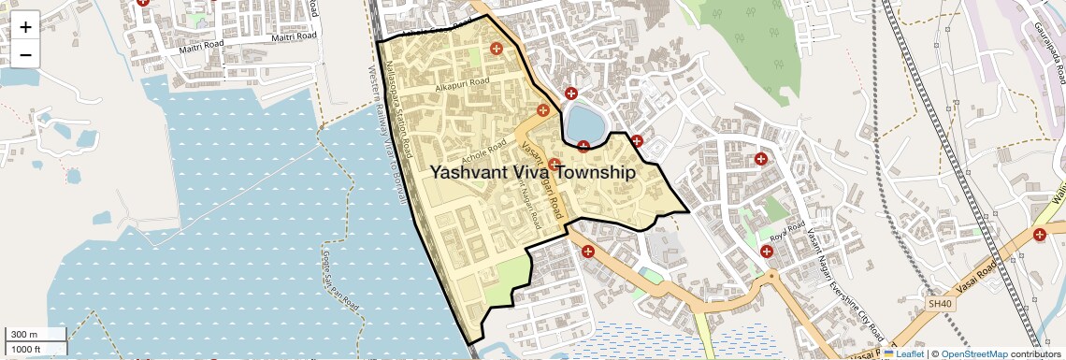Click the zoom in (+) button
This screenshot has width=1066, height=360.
tap(25, 26)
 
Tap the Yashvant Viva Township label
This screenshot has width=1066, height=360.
tap(532, 173)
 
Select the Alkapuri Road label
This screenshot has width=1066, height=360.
tap(462, 84)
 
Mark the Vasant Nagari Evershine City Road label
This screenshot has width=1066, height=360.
tap(846, 281)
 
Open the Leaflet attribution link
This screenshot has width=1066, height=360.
tap(903, 353)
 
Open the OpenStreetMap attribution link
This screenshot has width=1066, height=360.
tap(973, 353)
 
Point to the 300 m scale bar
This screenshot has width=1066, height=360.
tap(35, 335)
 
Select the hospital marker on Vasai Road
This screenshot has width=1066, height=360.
tap(1040, 234)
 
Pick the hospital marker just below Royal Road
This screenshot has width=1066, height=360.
tap(767, 251)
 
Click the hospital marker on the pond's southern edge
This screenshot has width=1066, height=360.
tap(583, 146)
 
